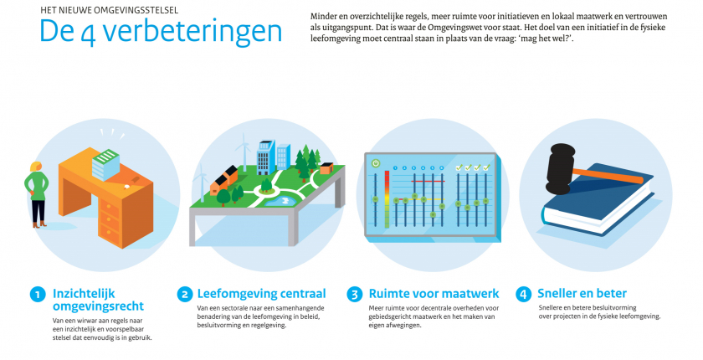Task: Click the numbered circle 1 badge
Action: click(38, 295)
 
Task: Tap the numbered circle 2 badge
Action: click(185, 295)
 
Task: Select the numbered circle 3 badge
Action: click(355, 295)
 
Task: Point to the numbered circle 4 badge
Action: click(523, 295)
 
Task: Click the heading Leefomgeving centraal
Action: click(261, 294)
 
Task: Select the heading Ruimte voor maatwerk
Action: click(434, 294)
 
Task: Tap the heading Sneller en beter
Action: click(582, 294)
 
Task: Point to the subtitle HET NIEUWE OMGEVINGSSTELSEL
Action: click(110, 10)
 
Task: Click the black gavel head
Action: click(560, 169)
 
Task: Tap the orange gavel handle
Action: click(608, 175)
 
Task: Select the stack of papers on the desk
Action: click(105, 164)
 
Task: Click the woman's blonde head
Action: click(35, 167)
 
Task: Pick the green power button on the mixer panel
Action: click(376, 163)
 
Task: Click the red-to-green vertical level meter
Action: click(387, 199)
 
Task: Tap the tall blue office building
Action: click(265, 157)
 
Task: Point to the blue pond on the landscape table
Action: click(277, 201)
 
